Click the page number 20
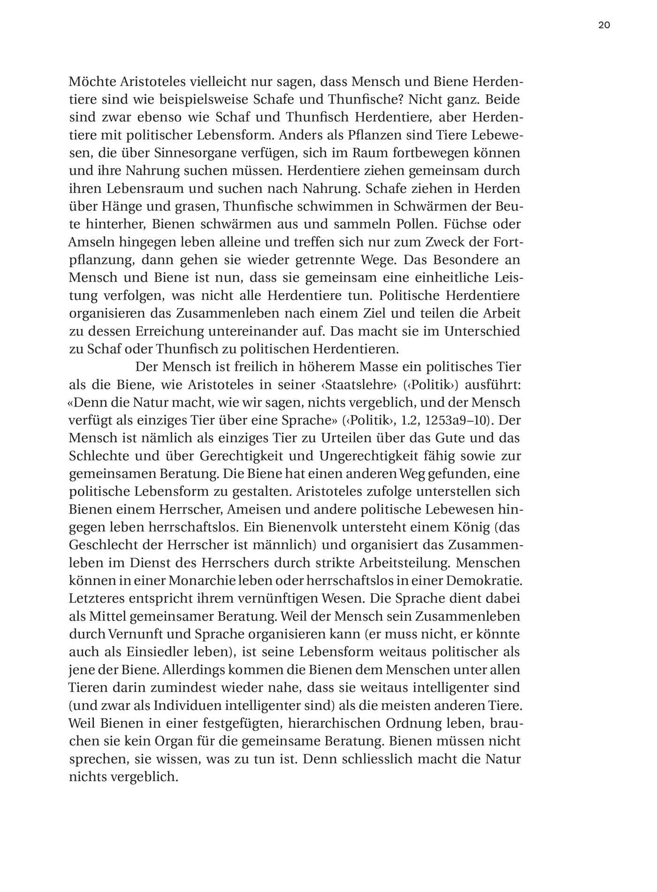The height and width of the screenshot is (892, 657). point(604,25)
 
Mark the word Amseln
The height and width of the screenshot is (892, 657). point(90,242)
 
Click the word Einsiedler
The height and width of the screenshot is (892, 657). point(139,652)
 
